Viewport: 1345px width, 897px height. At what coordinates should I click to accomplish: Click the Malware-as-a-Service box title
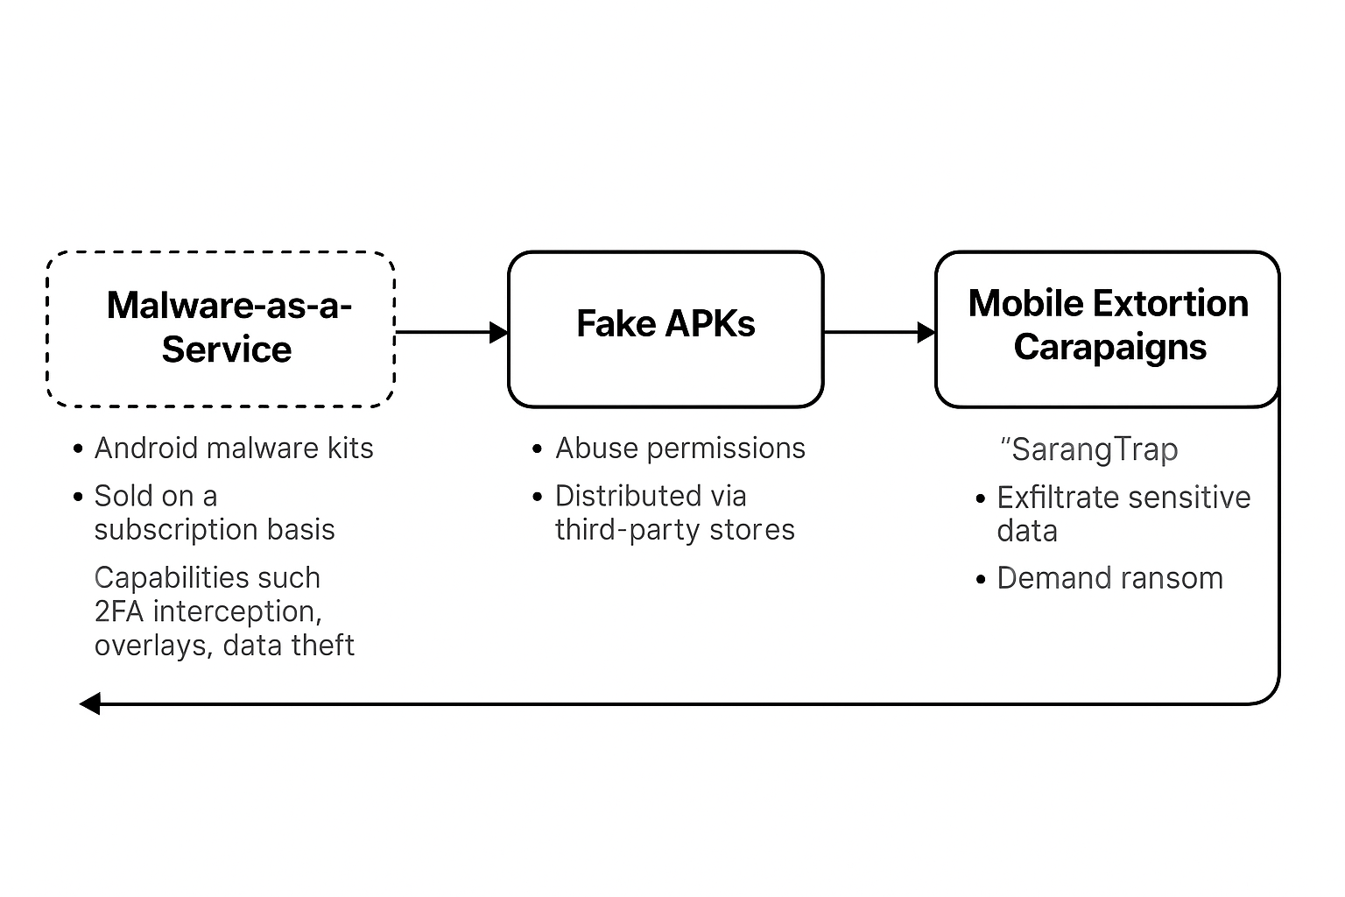229,327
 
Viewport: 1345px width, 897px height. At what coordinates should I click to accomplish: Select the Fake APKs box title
665,323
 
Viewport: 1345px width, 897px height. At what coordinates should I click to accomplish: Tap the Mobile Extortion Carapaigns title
1109,325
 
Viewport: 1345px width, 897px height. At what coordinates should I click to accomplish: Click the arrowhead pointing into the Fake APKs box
499,332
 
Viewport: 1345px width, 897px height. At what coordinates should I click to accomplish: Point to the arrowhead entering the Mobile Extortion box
926,332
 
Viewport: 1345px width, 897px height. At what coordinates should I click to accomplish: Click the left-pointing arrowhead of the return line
90,703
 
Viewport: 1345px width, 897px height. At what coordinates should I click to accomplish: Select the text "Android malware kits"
234,448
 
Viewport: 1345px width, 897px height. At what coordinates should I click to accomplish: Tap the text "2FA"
119,611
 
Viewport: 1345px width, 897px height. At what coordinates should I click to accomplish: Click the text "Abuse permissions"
680,449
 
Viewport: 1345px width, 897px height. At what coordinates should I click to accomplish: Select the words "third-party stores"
675,531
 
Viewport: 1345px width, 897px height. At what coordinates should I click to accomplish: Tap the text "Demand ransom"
1109,578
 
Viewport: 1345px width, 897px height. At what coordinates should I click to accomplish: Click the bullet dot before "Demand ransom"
981,580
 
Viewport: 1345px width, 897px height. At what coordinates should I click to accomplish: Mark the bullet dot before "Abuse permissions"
538,449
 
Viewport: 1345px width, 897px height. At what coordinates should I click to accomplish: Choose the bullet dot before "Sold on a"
77,498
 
